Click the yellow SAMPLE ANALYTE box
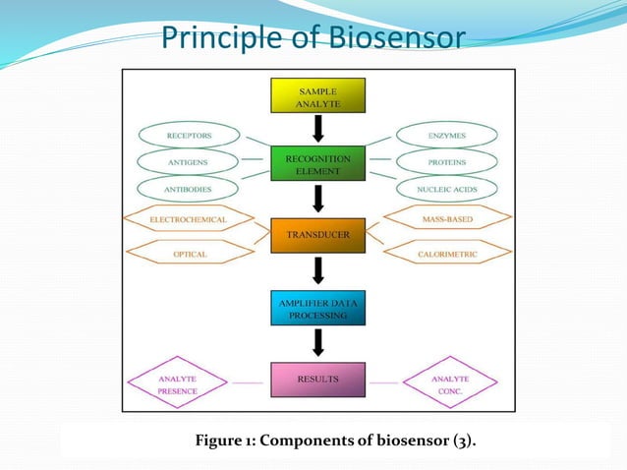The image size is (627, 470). click(x=317, y=95)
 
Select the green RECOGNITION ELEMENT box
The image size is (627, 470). click(x=317, y=163)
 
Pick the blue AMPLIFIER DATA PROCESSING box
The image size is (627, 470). click(x=317, y=309)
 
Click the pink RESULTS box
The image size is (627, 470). click(x=317, y=379)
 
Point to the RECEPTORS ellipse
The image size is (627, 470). click(x=190, y=134)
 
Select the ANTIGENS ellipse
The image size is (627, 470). click(x=190, y=160)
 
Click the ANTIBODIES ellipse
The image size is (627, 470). click(x=190, y=187)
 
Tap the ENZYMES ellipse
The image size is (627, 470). click(x=447, y=134)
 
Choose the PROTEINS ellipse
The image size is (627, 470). click(x=447, y=160)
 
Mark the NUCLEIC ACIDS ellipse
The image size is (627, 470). click(x=447, y=187)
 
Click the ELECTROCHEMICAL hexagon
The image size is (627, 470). click(x=188, y=219)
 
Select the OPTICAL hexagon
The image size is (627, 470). click(x=188, y=253)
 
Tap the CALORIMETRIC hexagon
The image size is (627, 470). click(x=447, y=253)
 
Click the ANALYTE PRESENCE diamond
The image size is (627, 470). click(x=179, y=383)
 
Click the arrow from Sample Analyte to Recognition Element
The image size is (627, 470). click(x=317, y=129)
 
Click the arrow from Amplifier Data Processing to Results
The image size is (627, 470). click(x=317, y=343)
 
